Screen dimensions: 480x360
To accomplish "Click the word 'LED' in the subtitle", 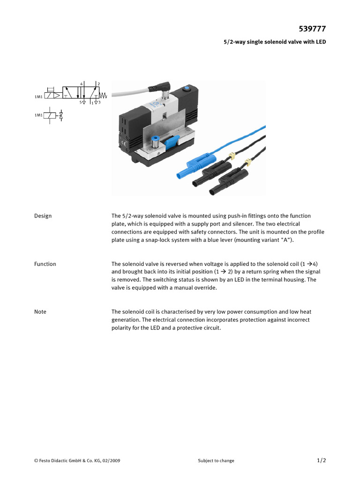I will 320,42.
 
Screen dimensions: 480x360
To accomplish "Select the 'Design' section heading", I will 43,216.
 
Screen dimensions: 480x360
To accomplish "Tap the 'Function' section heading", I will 45,264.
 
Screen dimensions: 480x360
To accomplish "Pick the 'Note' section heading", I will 40,312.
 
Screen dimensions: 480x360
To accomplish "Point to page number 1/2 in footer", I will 321,460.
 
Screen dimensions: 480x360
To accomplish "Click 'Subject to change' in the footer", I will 216,461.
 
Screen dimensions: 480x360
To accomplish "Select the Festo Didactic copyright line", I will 77,461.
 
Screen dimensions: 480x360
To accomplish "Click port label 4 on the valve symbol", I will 81,83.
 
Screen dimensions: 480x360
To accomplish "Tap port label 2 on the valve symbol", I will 98,83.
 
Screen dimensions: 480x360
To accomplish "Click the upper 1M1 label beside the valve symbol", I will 38,97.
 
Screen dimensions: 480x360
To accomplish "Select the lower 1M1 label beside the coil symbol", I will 38,115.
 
